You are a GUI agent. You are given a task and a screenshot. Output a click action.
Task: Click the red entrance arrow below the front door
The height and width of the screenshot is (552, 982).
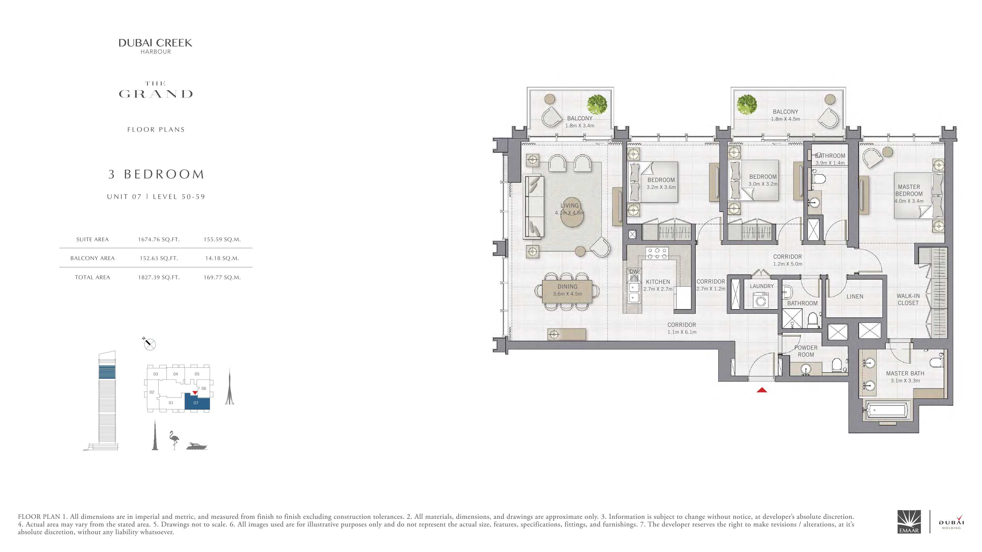pos(762,390)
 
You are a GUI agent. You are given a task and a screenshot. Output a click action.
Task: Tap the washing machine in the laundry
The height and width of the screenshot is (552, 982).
pos(762,300)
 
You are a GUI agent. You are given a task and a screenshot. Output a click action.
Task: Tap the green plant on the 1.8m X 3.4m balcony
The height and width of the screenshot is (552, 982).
pos(597,104)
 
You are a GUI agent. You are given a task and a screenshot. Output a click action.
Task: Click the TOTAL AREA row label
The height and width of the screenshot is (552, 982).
pos(93,277)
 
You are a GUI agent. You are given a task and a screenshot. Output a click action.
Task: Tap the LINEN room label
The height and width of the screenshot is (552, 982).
pos(855,296)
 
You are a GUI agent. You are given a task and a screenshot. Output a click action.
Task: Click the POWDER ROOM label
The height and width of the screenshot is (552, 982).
pos(806,351)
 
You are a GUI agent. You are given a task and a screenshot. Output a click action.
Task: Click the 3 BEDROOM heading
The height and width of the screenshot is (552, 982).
pos(156,174)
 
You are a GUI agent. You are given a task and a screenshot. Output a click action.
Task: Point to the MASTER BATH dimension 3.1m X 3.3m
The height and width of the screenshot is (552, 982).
pos(905,381)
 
